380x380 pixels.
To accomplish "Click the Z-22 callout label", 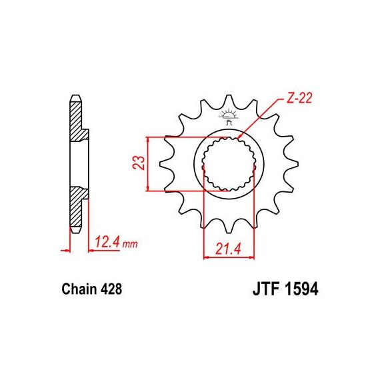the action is tap(299, 98).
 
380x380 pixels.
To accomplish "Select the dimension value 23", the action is tap(139, 163).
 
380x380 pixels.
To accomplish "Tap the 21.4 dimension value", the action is tap(228, 249).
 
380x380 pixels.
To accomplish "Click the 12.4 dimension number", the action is tap(107, 242).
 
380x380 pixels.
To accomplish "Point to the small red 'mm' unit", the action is tap(130, 244).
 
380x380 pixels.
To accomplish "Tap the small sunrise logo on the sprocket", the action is tap(228, 117).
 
